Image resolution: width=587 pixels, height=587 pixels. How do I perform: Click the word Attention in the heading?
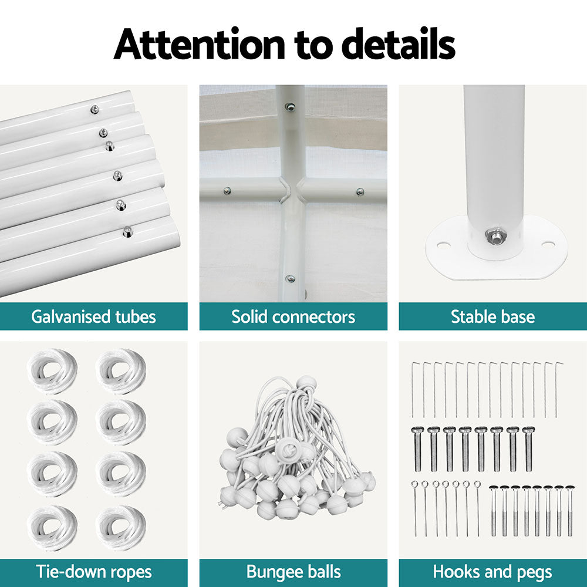click(199, 44)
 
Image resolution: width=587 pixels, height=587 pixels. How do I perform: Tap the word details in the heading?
click(399, 43)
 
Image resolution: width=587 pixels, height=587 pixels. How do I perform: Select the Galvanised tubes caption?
click(93, 317)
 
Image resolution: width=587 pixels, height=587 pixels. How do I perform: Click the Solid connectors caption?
click(293, 317)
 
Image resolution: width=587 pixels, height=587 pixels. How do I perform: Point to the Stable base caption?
click(492, 317)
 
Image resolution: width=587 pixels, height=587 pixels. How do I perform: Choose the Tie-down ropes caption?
click(93, 572)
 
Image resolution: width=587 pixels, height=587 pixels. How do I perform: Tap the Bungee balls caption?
click(293, 572)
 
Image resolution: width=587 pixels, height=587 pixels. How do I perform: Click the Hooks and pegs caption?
click(492, 572)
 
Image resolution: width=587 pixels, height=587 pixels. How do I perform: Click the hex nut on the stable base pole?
click(494, 236)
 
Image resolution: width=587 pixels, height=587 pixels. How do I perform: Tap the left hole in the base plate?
click(443, 247)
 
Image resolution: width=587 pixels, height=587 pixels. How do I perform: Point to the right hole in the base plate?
click(548, 245)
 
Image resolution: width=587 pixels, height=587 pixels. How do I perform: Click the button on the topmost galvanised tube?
click(95, 109)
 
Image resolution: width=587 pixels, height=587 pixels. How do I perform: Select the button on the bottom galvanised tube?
click(128, 232)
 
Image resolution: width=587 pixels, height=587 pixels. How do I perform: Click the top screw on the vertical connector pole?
click(289, 107)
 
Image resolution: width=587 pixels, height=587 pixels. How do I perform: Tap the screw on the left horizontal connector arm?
click(227, 191)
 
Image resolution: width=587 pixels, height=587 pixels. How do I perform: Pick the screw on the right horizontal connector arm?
click(360, 192)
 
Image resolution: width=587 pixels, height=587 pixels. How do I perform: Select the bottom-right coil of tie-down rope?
click(120, 528)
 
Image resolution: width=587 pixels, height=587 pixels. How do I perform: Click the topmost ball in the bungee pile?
click(306, 383)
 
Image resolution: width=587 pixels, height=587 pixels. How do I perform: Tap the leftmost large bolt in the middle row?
click(418, 449)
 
